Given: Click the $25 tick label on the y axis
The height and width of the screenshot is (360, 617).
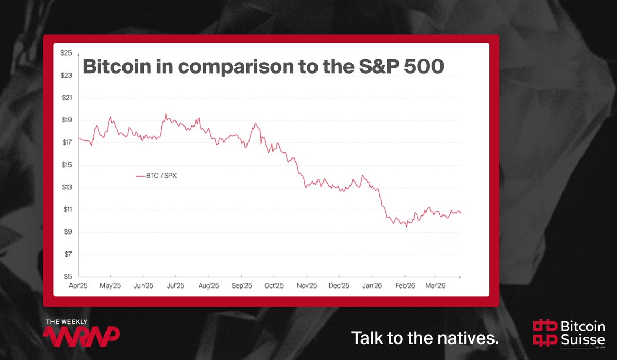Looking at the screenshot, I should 66,53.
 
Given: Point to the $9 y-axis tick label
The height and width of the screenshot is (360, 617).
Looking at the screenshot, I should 67,232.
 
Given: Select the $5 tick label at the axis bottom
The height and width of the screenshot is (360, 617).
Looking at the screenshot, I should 67,277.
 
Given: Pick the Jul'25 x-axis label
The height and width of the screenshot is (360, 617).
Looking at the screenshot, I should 176,285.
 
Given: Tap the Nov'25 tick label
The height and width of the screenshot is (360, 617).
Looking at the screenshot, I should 306,285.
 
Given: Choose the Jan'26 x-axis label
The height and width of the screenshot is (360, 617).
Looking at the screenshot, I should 372,285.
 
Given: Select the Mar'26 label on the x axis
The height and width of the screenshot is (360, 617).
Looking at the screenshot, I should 435,285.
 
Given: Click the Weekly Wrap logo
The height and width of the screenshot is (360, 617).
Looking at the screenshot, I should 82,332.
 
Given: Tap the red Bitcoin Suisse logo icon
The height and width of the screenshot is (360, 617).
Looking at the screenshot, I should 545,332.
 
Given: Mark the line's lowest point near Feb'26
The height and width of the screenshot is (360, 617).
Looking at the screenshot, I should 406,227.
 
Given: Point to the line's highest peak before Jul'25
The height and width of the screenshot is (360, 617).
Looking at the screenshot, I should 166,114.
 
